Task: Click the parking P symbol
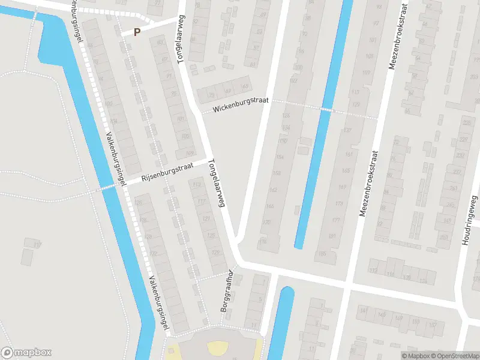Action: [x=137, y=32]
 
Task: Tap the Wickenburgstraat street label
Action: [x=241, y=105]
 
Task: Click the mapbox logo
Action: [x=26, y=353]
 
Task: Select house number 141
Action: [x=364, y=311]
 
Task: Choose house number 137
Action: [x=347, y=130]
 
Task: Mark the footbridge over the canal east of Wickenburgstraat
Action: [x=325, y=109]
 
